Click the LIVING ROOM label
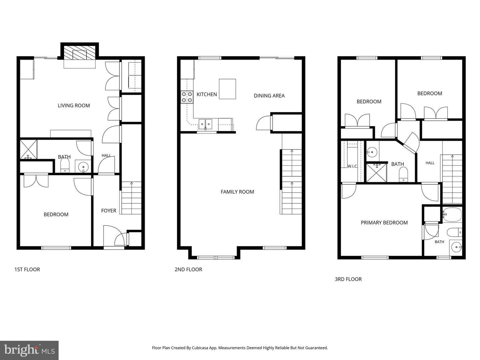74,106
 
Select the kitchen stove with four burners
187,97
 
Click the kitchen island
227,89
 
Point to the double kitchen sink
205,124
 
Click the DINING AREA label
269,96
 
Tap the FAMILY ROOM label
237,192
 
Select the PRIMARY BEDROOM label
384,223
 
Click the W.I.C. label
352,166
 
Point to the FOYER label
109,211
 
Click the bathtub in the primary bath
452,215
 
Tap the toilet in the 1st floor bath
65,165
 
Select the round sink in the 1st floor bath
83,167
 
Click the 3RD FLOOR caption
348,279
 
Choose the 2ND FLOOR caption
188,270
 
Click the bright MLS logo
29,350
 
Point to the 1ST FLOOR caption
27,270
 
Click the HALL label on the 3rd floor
430,163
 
